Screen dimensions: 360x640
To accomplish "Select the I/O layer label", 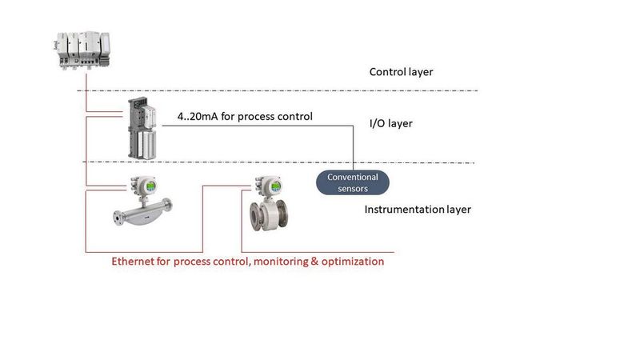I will click(390, 124).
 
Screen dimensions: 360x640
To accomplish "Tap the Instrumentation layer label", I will click(418, 210).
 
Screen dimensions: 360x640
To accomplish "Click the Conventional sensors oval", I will click(353, 182).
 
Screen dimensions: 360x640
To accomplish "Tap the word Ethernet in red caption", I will click(135, 262).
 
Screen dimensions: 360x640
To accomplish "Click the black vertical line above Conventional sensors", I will click(353, 148).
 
